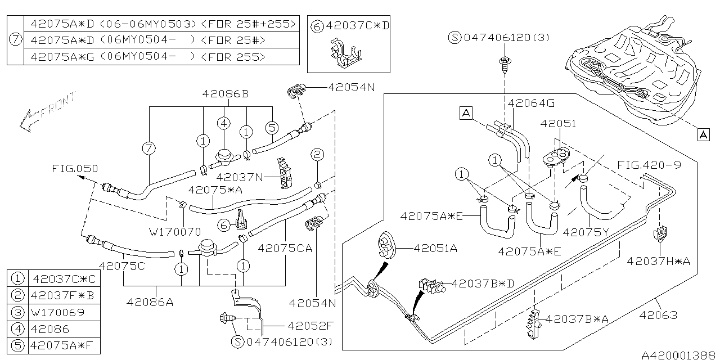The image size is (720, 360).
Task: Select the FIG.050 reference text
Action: [75, 168]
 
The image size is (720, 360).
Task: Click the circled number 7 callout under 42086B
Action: [148, 148]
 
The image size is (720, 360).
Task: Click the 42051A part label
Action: [435, 247]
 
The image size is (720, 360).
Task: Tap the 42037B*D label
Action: [483, 283]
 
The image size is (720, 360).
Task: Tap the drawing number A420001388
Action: [679, 355]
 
